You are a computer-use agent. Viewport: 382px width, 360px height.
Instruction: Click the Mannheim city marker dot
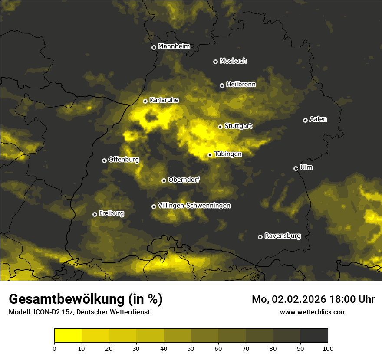pos(154,48)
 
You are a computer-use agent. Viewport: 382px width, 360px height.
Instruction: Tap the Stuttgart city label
pos(238,126)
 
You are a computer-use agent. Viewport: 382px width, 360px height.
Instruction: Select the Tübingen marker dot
pos(210,155)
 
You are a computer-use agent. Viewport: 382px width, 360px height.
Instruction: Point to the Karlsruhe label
pos(164,100)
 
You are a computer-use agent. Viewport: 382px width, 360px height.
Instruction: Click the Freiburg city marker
pos(95,214)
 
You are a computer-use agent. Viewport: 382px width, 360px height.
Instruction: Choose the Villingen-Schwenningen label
pos(194,206)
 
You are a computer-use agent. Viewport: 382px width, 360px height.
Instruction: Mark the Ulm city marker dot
pos(296,168)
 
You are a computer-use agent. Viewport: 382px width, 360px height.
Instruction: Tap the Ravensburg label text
pos(283,236)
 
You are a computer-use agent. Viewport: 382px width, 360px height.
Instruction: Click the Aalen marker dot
pos(305,120)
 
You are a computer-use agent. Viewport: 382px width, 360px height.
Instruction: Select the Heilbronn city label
pos(241,85)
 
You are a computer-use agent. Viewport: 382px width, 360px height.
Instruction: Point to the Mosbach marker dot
pos(215,62)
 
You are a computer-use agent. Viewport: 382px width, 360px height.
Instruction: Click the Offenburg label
pos(124,160)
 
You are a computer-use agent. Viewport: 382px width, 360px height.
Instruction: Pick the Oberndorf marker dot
pos(164,180)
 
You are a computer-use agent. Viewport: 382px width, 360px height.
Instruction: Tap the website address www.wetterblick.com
pos(313,312)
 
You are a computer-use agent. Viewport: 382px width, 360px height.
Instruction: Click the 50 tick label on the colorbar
pos(191,348)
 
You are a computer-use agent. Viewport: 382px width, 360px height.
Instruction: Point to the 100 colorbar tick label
pos(328,348)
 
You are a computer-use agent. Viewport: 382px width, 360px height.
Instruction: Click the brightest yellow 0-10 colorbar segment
pos(68,336)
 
